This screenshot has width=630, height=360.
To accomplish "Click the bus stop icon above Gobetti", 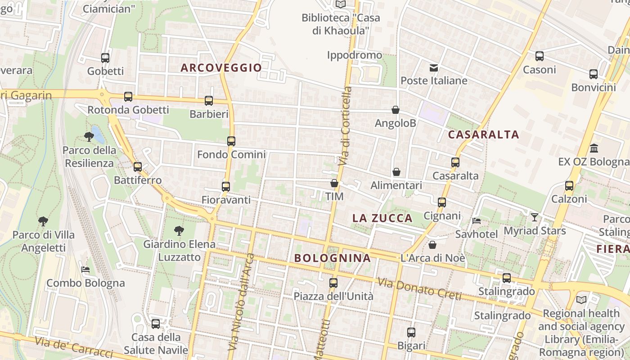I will point(105,58).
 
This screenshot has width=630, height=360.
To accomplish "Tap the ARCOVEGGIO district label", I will point(221,68).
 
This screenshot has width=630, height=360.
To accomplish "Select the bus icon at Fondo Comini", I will point(231,141).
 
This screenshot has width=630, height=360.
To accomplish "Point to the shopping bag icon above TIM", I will point(334,183).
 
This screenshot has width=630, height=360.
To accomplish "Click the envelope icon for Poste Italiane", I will point(434,68).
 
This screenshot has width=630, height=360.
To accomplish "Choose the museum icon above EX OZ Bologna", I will point(594,148).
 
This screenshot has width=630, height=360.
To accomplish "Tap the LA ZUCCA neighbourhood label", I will point(382,219).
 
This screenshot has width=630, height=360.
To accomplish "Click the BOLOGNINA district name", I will point(333,258).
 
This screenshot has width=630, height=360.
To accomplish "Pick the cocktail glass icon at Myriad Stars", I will point(534,217).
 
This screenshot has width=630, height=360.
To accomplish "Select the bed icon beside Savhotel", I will point(477,221).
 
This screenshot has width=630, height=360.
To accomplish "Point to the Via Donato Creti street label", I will point(419,289).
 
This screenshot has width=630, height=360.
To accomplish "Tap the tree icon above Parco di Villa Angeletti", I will point(43,221).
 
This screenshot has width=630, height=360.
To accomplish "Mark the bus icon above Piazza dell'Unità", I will point(333,283).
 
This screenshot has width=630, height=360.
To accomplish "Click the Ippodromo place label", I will point(355,55).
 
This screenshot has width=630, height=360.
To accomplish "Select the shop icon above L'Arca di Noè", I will point(432,245).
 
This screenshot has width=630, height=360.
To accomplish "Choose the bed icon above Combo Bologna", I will point(85,270).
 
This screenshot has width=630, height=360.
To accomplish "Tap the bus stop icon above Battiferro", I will point(137,167).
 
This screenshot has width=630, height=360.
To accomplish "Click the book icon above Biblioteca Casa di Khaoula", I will point(341,4).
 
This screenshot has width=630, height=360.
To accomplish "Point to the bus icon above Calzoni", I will point(569,185).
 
